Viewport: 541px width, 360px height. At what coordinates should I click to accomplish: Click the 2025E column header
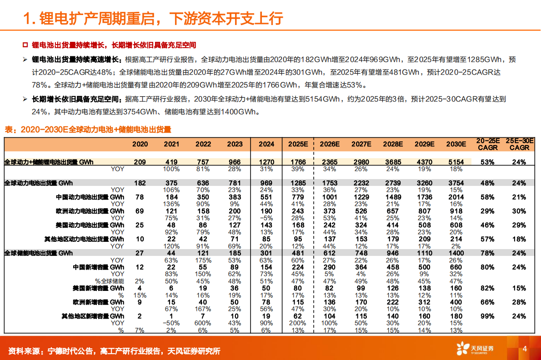pos(298,144)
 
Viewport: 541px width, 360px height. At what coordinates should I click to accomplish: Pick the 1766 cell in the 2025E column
pos(298,162)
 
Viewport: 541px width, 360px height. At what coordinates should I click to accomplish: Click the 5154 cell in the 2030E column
pos(456,162)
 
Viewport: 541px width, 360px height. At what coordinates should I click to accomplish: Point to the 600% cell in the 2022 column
pos(203,323)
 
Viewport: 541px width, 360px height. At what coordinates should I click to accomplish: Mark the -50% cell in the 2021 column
pos(171,323)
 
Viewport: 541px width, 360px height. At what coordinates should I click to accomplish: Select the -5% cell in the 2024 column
pos(266,218)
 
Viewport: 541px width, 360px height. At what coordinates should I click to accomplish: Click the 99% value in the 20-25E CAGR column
pos(488,316)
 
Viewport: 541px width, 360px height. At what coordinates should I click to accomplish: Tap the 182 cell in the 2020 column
pos(140,183)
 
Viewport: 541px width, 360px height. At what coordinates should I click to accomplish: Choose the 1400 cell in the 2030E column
pos(456,253)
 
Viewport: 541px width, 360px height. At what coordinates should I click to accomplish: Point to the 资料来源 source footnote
pos(114,351)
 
